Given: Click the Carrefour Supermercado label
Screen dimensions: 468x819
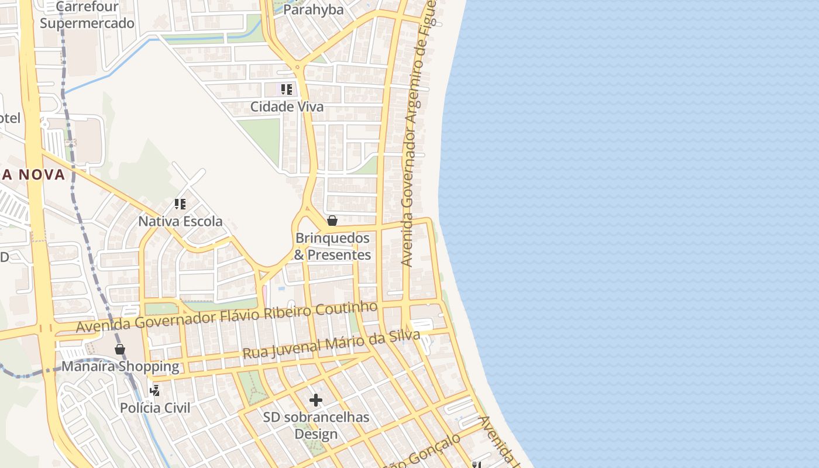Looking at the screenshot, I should coord(87,15).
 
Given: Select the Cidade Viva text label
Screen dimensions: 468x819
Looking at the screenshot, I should coord(287,107).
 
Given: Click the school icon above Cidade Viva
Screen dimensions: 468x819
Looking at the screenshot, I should coord(286,90).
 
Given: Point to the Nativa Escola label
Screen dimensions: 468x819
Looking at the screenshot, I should coord(180,221).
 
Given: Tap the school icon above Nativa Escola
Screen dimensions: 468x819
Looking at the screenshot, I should coord(180,204).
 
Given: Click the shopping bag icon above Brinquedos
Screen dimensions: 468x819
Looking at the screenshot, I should coord(332,221).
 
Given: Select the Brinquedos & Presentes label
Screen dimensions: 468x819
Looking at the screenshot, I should coord(332,246).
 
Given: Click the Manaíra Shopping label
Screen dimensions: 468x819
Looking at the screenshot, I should coord(120,367).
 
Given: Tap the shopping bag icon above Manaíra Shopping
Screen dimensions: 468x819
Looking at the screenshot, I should coord(120,349).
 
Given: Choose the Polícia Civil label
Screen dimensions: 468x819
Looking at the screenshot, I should coord(155,408).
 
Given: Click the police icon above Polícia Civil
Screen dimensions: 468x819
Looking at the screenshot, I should coord(155,390).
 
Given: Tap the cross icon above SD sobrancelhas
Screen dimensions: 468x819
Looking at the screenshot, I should coord(316,400).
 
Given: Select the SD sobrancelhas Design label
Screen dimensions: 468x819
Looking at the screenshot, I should coord(316,425).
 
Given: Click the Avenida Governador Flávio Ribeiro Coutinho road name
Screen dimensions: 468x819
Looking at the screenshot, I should coord(227,316).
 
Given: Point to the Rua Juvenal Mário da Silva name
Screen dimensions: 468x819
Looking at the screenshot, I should coord(331,345).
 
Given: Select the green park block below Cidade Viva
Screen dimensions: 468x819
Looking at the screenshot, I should coord(259,140).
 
